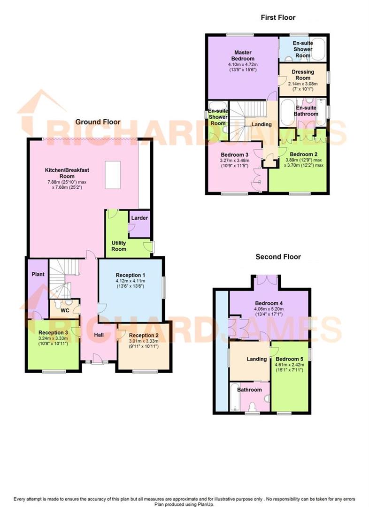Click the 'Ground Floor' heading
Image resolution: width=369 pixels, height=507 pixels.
[x=98, y=122]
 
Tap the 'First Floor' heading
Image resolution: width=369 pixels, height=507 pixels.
[x=278, y=17]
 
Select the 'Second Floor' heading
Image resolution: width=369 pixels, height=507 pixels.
[x=278, y=257]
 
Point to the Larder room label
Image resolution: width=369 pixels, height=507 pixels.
[x=139, y=218]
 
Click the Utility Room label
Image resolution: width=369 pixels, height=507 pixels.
[x=118, y=246]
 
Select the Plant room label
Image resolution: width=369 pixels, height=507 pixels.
[x=38, y=273]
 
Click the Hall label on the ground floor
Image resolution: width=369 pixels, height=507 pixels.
[x=99, y=335]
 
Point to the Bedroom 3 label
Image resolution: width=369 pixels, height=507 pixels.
[x=234, y=154]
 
